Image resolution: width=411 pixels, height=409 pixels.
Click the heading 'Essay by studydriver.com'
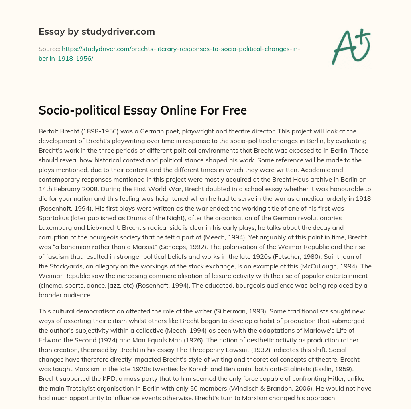96,31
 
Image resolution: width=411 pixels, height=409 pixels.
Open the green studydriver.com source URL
181,53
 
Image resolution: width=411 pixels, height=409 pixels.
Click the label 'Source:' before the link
49,49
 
